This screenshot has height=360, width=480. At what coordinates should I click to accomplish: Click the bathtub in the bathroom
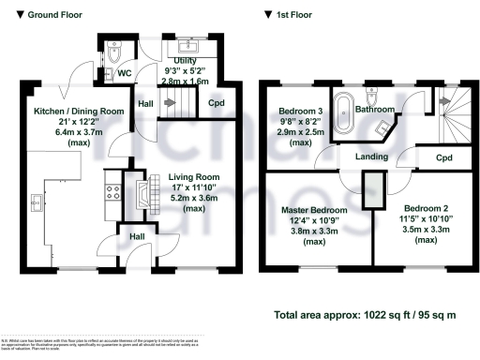344,114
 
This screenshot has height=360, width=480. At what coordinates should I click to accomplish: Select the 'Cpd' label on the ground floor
215,102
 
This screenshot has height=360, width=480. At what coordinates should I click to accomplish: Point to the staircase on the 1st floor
451,118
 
